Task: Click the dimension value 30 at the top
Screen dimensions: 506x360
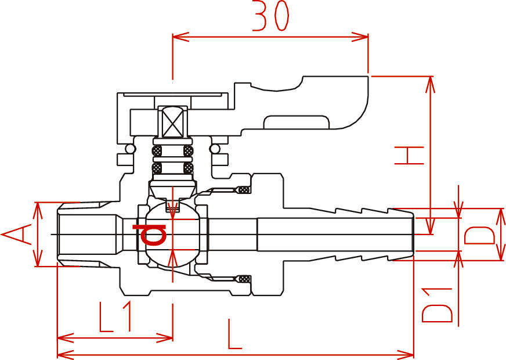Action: click(270, 16)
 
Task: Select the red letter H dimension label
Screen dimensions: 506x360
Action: click(409, 155)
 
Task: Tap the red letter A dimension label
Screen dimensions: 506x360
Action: click(17, 235)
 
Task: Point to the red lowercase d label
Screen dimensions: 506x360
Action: click(149, 234)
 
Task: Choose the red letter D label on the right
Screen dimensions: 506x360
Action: click(479, 235)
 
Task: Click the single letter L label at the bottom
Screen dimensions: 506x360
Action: click(234, 334)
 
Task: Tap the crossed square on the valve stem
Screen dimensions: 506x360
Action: click(173, 123)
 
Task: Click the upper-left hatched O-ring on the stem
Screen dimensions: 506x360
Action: click(157, 151)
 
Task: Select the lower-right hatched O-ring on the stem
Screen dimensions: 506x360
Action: click(189, 168)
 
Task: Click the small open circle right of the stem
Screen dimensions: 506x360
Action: click(214, 149)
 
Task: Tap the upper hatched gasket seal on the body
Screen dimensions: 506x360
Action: click(244, 190)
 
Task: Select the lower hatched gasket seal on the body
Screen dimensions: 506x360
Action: click(244, 279)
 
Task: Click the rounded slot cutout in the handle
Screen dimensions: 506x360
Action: click(297, 122)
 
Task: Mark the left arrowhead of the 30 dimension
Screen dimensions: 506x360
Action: click(180, 37)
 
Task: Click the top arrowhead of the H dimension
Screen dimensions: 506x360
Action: click(431, 85)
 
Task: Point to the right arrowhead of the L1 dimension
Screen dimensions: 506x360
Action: click(165, 338)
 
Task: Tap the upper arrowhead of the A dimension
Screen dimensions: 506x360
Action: click(38, 211)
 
